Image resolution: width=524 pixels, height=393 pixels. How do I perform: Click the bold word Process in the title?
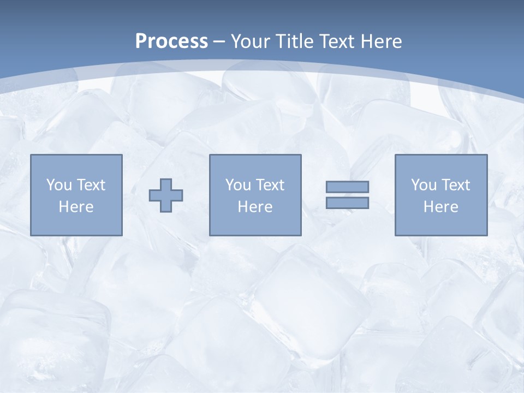click(x=171, y=41)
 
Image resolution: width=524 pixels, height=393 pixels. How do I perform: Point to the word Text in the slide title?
click(x=337, y=41)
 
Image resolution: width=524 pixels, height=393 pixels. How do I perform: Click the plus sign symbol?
click(x=166, y=195)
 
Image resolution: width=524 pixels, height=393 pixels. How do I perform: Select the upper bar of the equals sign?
click(x=347, y=187)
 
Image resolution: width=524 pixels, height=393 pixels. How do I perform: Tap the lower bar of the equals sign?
click(x=347, y=203)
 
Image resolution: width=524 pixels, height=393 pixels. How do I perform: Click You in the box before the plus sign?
click(x=59, y=185)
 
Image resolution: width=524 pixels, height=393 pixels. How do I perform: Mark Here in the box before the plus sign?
click(x=76, y=207)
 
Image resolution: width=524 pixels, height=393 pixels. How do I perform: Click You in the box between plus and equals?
click(x=238, y=185)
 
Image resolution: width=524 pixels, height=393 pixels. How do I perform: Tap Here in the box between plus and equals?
click(x=255, y=207)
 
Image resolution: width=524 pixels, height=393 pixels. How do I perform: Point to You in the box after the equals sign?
click(x=424, y=185)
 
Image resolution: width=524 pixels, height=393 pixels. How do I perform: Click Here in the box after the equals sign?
click(x=440, y=207)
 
